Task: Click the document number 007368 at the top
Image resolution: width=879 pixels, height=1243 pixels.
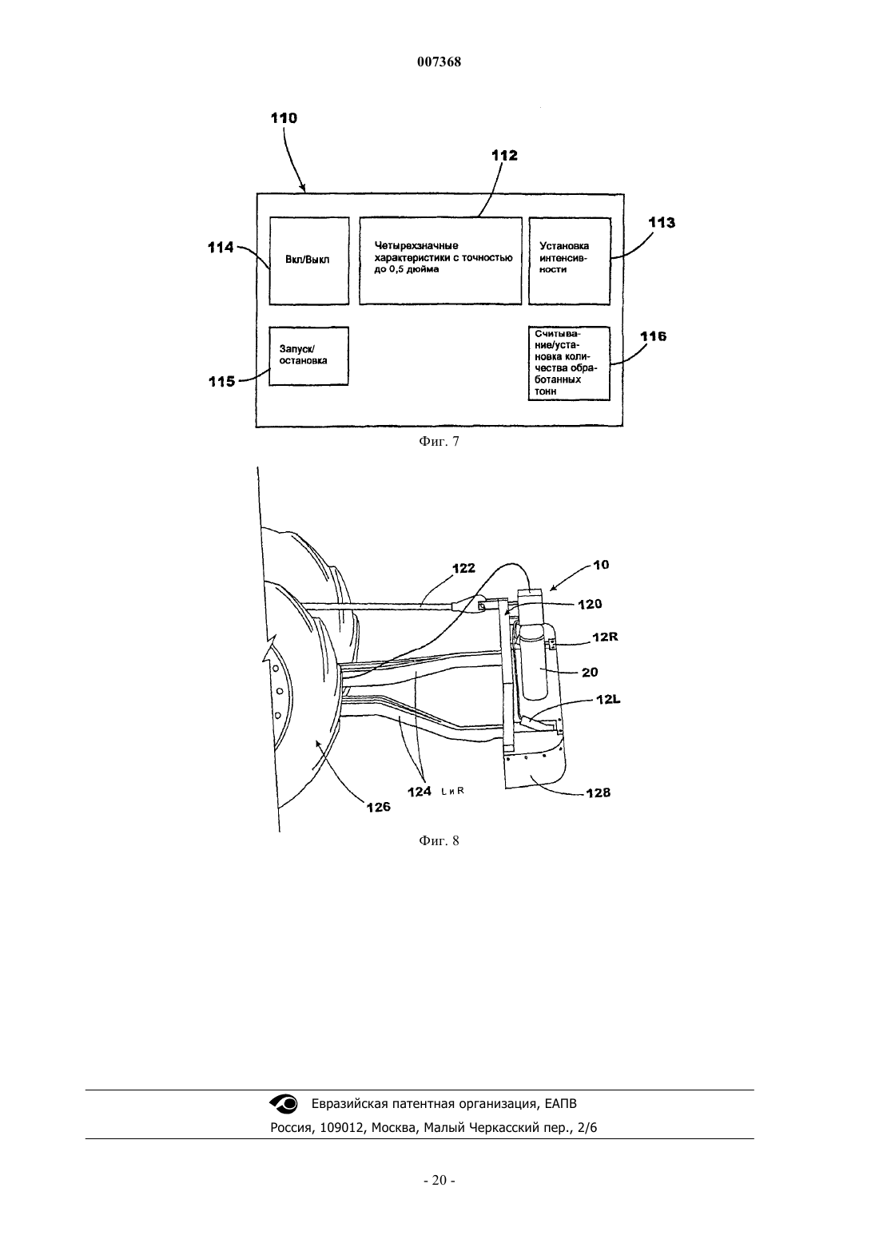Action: [x=439, y=62]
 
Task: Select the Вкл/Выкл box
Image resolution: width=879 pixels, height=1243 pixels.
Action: [x=309, y=260]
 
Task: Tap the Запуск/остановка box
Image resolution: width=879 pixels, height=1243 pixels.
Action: [x=308, y=355]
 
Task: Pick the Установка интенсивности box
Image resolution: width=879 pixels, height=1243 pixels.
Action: [x=569, y=260]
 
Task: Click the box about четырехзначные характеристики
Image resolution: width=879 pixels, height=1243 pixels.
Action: [x=440, y=260]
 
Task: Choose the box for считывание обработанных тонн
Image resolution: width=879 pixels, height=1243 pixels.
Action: [x=569, y=363]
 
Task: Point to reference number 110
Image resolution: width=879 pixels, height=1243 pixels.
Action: [x=284, y=118]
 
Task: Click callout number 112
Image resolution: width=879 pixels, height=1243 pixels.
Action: [x=504, y=155]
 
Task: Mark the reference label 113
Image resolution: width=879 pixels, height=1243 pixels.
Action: [x=662, y=223]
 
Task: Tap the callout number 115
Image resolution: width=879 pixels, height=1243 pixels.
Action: [x=221, y=382]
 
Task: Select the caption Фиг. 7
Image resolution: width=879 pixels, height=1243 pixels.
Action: [x=439, y=442]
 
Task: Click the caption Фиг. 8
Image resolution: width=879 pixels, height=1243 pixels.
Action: [x=439, y=840]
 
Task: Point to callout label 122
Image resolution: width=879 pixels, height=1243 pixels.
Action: [x=464, y=568]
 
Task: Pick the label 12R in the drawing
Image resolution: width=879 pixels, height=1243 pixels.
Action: [x=605, y=637]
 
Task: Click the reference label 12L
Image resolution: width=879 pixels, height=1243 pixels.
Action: [x=608, y=700]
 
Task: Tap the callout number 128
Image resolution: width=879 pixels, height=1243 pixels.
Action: [x=599, y=793]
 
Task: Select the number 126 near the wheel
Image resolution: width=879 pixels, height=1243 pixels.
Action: [x=379, y=808]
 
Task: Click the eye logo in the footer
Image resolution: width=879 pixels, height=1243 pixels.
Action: [x=283, y=1104]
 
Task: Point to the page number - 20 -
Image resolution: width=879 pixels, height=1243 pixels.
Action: [x=439, y=1181]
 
